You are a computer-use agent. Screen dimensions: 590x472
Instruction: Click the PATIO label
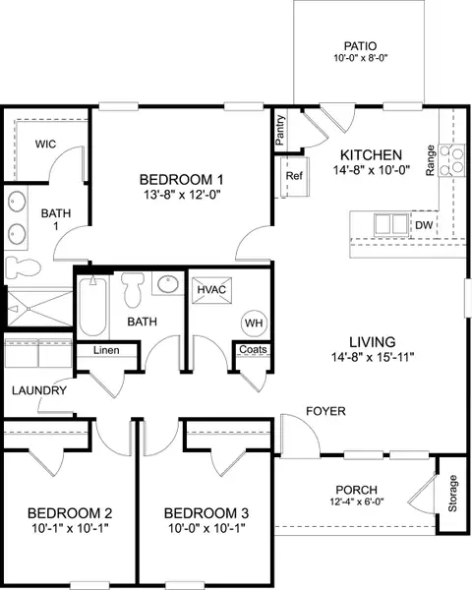[361, 45]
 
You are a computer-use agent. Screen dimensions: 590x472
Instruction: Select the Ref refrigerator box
[293, 176]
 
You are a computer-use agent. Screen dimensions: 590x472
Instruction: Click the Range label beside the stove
[431, 159]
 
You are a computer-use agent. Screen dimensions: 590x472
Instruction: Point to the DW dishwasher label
[424, 225]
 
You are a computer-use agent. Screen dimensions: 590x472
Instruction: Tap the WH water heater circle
[252, 322]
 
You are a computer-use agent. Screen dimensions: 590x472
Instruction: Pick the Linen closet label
[107, 351]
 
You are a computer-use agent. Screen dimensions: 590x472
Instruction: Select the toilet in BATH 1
[21, 266]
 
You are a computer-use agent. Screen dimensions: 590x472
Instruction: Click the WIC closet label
[44, 144]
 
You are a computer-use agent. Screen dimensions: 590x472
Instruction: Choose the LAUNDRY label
[39, 390]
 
